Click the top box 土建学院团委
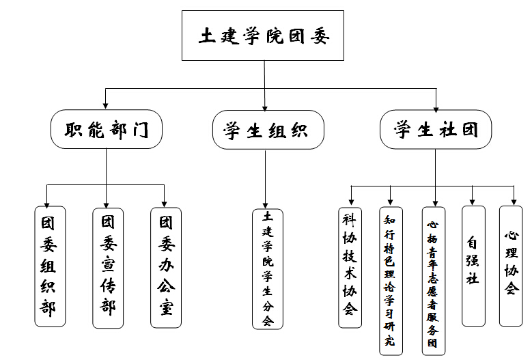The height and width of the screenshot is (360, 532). point(264,36)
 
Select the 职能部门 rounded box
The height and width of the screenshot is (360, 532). point(106,130)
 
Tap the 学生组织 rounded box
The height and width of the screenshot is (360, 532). point(265,130)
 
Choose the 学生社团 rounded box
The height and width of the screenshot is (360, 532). point(435,130)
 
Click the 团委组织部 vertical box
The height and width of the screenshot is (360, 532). point(49,266)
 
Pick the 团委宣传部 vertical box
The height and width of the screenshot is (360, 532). point(107,266)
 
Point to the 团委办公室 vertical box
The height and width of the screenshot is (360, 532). point(166,266)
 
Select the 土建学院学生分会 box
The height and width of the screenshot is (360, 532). point(267,268)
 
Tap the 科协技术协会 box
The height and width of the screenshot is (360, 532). point(350,266)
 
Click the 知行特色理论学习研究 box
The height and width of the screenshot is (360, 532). point(389,280)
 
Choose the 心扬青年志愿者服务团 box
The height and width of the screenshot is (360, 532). point(433,280)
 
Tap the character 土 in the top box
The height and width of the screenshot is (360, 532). point(207,36)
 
